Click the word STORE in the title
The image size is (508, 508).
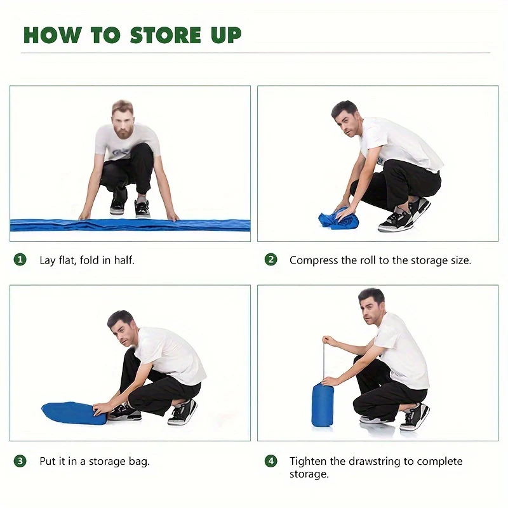(165, 35)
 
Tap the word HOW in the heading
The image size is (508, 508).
(52, 35)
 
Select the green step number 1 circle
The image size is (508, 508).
(20, 260)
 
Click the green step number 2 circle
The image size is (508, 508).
(271, 260)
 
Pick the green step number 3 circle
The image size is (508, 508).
(20, 461)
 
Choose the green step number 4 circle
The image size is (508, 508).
(271, 461)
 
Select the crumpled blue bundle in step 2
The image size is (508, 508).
(338, 219)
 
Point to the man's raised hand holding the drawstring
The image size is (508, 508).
(328, 340)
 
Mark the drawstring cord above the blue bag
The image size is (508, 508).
(323, 361)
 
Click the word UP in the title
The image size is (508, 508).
(226, 35)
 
